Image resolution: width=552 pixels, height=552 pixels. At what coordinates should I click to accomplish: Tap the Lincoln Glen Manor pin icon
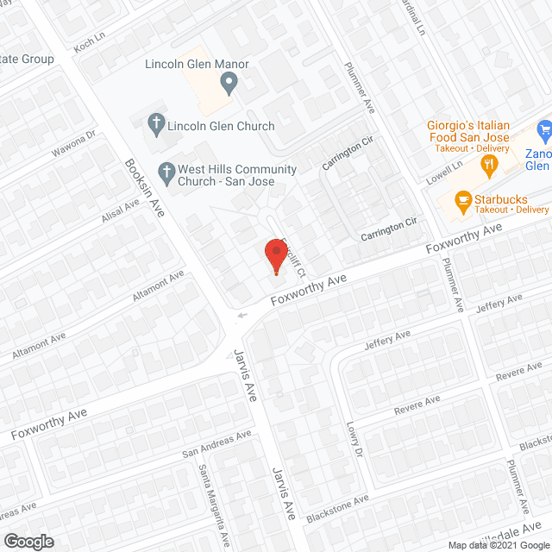(229, 85)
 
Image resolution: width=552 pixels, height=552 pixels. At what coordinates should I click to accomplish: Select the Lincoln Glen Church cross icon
(156, 126)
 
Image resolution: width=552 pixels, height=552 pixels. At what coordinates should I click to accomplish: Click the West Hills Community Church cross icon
(166, 172)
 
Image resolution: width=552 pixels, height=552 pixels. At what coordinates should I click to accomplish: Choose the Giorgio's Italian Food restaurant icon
(489, 165)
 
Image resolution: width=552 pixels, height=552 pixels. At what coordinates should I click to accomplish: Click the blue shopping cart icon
(544, 132)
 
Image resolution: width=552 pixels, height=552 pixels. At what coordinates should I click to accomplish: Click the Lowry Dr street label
(354, 440)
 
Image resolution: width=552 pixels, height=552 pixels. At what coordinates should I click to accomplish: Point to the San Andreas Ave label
(216, 446)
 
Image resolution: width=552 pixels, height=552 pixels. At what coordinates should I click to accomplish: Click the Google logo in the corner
(28, 541)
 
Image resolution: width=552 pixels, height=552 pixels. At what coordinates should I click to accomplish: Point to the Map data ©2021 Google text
(497, 545)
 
